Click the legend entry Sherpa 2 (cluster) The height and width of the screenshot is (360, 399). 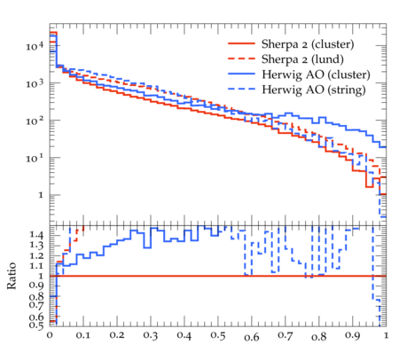coord(308,44)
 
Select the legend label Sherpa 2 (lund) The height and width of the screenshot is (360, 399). coord(302,59)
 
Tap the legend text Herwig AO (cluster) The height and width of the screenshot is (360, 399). coord(316,74)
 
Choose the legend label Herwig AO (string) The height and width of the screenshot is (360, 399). coord(313,90)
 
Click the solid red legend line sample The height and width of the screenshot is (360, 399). coord(241,43)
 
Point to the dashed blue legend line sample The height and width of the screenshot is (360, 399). coord(241,89)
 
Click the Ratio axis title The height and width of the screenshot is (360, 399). coord(12,276)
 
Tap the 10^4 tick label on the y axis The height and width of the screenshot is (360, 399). coord(35,46)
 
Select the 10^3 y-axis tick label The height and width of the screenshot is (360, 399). coord(35,83)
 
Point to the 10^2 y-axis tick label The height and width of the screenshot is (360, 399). coord(35,121)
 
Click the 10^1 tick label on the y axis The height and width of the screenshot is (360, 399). coord(35,159)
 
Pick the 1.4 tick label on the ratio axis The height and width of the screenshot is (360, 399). coord(36,235)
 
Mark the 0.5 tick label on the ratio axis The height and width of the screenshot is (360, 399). coord(36,325)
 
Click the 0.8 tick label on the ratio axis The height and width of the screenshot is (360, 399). coord(36,296)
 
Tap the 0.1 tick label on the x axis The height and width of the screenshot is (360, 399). coord(83,335)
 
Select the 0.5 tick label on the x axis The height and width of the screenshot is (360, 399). coord(218,335)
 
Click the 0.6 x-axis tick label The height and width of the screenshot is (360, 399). coord(252,337)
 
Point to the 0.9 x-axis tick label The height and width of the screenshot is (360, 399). coord(353,335)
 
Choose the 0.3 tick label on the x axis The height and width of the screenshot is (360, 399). coord(151,335)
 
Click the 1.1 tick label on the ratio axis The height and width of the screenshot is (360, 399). coord(36,266)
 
